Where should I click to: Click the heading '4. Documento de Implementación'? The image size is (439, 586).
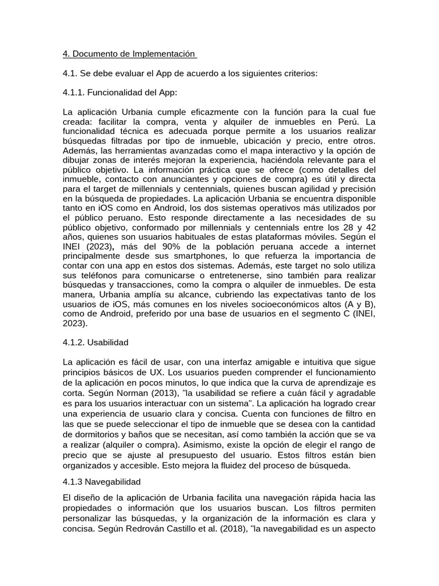click(x=129, y=54)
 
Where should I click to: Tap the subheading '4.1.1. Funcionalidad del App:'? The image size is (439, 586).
click(x=120, y=93)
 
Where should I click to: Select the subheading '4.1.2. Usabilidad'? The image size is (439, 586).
click(x=95, y=342)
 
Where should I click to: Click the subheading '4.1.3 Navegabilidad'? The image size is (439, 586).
click(x=102, y=482)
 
